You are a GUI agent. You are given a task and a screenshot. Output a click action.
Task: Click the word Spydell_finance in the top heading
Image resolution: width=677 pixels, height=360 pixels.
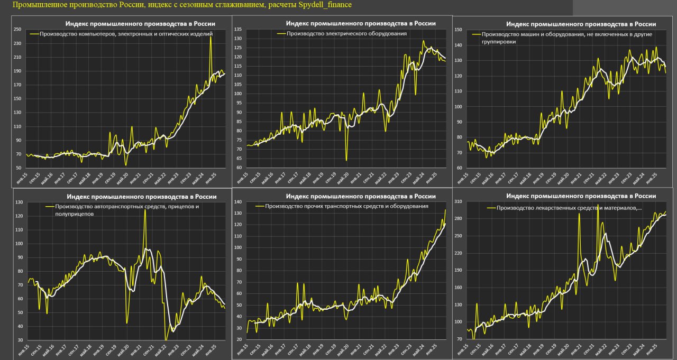325,5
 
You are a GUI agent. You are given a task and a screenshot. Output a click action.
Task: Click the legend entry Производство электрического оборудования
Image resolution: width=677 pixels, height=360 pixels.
346,33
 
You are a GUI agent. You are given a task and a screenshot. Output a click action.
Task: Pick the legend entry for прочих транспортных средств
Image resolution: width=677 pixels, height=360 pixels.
346,206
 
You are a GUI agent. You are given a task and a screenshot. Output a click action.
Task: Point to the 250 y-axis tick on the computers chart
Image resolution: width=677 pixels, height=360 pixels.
18,30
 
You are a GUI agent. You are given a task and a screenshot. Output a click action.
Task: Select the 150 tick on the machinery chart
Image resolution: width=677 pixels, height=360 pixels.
458,30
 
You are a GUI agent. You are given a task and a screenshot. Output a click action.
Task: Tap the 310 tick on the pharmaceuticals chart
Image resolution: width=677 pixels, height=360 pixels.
458,201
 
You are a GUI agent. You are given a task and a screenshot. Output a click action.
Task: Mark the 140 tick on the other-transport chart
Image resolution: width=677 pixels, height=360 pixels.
239,202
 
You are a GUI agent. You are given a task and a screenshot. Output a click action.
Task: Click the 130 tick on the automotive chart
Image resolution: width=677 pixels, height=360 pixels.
19,202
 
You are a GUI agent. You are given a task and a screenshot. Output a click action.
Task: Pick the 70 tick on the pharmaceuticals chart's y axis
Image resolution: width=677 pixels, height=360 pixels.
459,339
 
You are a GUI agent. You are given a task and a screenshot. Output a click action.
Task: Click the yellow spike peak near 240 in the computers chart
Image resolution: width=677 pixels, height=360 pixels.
211,37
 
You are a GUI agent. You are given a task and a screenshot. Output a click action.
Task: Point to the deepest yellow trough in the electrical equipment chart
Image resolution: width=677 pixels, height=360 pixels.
346,160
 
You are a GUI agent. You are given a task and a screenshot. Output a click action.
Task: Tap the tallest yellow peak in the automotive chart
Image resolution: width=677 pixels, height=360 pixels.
145,210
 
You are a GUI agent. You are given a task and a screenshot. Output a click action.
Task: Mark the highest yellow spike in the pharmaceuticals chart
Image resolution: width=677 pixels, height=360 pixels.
598,205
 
